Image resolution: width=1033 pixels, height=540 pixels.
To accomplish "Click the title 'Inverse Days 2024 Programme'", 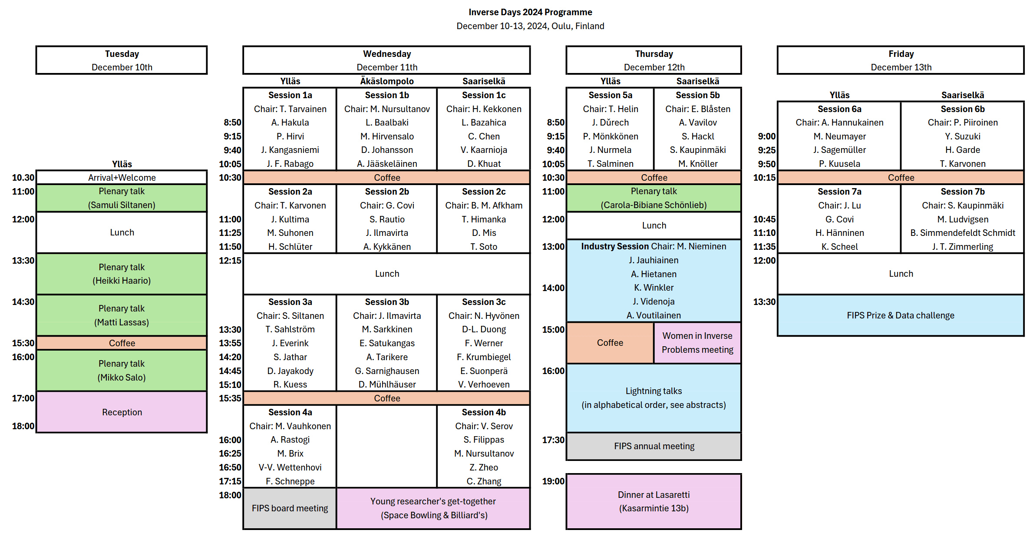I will coord(530,12).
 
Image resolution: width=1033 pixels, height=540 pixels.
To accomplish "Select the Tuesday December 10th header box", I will coord(122,60).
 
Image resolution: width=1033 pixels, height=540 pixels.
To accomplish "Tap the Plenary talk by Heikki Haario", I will coord(122,274).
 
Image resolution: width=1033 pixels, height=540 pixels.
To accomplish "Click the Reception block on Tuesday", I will coord(122,412).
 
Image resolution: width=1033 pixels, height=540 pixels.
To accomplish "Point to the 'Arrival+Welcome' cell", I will coord(122,177).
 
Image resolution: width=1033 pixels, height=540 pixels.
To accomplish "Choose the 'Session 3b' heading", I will coord(387,302).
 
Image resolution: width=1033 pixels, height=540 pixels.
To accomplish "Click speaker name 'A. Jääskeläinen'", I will coord(387,164).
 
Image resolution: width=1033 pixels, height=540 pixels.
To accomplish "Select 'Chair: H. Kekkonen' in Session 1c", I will coord(484,109).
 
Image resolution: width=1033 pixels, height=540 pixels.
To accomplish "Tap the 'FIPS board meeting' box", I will coord(290,508).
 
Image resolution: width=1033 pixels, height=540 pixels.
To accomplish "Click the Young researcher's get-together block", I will coord(433,508).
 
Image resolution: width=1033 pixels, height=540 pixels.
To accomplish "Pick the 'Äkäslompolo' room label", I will coord(387,81).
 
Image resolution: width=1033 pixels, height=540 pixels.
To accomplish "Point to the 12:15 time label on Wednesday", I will coord(230,260).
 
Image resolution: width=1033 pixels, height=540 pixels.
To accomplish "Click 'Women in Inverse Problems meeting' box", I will coord(697,343).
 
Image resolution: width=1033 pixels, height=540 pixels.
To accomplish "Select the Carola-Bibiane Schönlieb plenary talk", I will coord(653,198).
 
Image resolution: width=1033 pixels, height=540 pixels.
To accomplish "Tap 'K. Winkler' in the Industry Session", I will coord(653,288).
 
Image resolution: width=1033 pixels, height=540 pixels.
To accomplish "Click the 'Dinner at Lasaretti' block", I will coord(653,501).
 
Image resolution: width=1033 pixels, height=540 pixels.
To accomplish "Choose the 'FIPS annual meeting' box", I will coord(653,446).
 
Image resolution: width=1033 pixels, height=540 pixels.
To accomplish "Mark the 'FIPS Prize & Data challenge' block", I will coord(901,315).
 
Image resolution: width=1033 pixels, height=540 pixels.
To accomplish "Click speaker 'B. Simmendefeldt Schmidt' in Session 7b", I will coord(963,233).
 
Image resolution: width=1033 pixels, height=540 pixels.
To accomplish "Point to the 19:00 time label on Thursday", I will coord(553,481).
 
